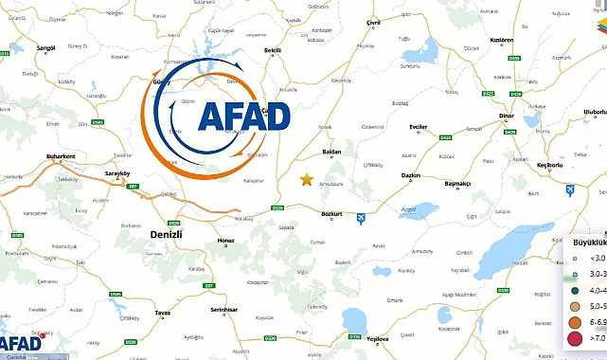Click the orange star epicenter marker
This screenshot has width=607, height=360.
pos(306,179)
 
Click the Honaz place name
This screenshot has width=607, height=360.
pos(224,241)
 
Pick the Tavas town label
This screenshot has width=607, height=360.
pos(164,312)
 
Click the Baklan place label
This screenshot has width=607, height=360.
pos(330,152)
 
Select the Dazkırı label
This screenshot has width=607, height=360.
pos(410,175)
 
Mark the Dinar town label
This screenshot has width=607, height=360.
pos(504,128)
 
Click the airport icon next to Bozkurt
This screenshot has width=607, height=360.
pos(360,220)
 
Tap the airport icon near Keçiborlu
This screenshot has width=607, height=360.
pos(570,190)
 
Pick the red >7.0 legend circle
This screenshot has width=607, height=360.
pos(574,337)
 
